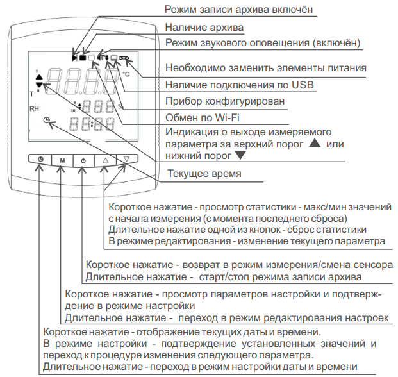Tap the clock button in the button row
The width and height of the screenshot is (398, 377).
[41, 158]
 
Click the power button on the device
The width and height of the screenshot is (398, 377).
[83, 158]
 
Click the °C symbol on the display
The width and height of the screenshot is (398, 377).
[126, 74]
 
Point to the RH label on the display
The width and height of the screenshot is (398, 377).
[34, 109]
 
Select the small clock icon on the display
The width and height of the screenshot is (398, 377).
[47, 121]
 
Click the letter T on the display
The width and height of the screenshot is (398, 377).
[31, 94]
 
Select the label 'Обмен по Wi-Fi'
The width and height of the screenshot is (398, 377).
[202, 117]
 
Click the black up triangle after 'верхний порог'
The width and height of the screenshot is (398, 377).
[313, 144]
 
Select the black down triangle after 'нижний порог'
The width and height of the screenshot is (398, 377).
[240, 156]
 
